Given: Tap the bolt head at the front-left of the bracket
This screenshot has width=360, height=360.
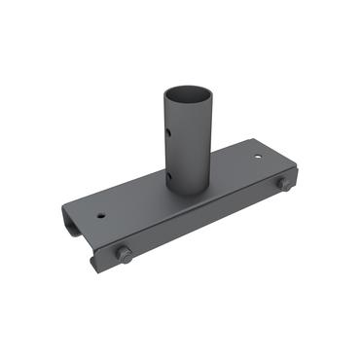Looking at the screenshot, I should [x=124, y=255].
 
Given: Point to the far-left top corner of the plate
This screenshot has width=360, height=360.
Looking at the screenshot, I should [x=65, y=204].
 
